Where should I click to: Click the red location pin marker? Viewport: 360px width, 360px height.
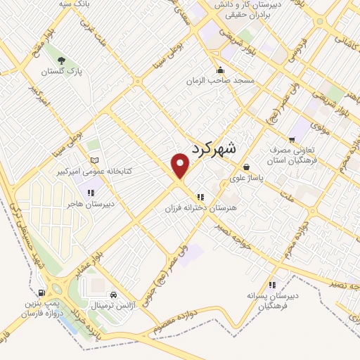point(181,167)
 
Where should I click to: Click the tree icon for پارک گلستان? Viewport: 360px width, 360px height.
point(63,60)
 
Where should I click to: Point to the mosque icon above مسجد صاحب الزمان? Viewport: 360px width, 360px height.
point(221,70)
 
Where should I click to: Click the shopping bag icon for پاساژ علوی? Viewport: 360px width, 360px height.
point(246,167)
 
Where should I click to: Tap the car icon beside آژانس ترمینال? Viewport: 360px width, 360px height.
point(113,295)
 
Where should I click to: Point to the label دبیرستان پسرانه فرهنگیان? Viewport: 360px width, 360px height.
point(274,301)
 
